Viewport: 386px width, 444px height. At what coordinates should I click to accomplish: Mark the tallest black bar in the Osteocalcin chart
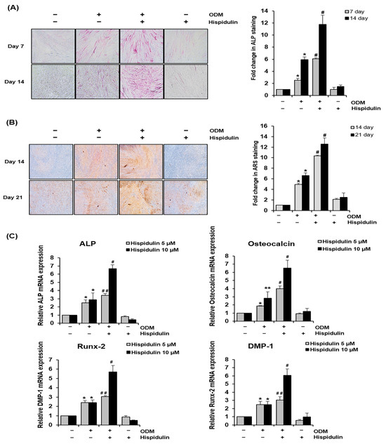[305, 296]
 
